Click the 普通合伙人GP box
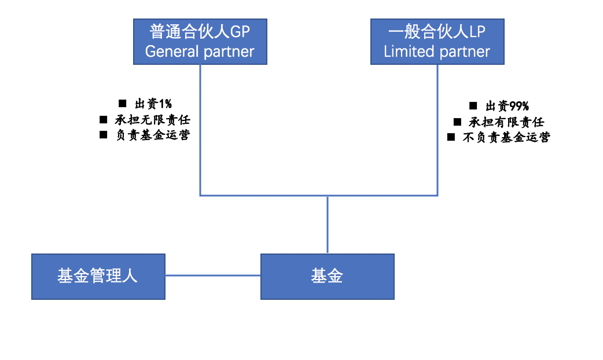tap(200, 41)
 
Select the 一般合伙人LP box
tap(437, 41)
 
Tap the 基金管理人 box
tap(98, 276)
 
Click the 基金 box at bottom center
tap(327, 276)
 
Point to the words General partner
tap(200, 52)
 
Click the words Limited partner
tap(437, 52)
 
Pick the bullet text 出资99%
tap(506, 106)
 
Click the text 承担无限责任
tap(152, 120)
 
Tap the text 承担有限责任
tap(506, 122)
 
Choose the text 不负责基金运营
tap(506, 137)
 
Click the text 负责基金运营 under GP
tap(152, 135)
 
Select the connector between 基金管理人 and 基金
tap(212, 275)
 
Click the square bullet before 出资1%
tap(122, 104)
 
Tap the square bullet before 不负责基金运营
tap(451, 137)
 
